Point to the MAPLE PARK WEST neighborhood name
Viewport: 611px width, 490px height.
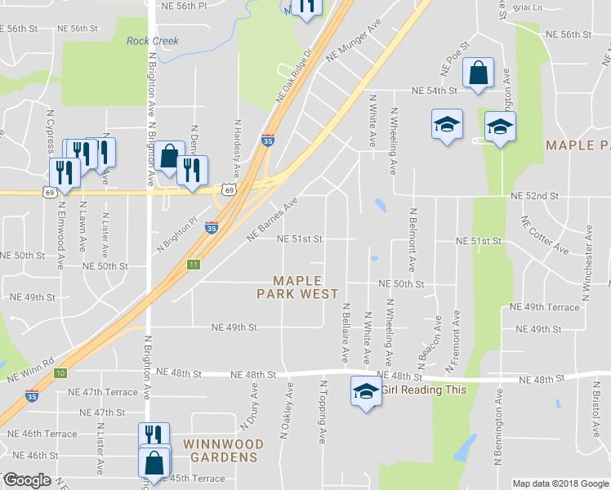click(297, 287)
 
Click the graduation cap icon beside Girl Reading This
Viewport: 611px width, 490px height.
click(365, 392)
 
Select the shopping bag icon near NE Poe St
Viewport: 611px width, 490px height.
click(478, 73)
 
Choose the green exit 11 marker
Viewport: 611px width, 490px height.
click(194, 264)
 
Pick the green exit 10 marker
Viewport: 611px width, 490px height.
click(60, 373)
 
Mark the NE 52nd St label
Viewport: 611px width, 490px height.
click(534, 196)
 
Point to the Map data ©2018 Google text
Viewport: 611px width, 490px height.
click(560, 483)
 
